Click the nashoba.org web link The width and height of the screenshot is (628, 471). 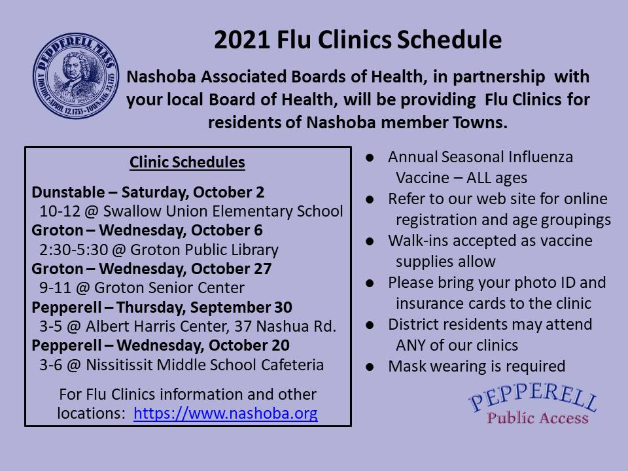coord(226,413)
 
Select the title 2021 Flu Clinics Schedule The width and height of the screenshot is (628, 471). coord(358,41)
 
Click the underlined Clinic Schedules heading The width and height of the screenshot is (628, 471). coord(187,162)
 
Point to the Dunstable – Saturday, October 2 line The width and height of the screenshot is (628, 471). coord(148,192)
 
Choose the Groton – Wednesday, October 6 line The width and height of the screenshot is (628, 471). coord(147,230)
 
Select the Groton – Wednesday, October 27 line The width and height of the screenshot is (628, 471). coord(151,269)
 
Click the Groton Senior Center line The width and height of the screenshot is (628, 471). coord(142,288)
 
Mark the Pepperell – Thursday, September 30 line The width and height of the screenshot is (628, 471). coord(162,307)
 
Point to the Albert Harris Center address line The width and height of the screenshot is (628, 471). coord(188,326)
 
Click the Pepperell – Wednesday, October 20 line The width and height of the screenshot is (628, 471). coord(161,345)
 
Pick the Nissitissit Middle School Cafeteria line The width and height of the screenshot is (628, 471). coord(181,364)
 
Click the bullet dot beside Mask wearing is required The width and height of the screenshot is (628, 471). coord(370,367)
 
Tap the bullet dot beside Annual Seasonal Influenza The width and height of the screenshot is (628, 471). coord(370,158)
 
